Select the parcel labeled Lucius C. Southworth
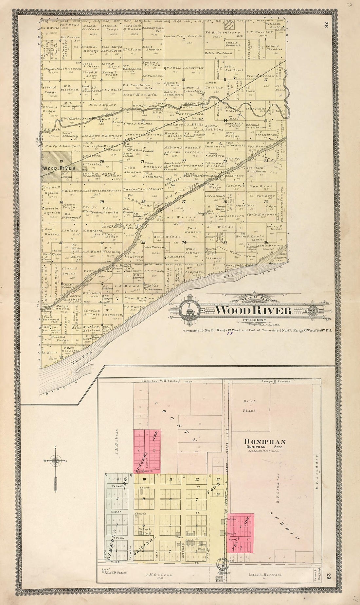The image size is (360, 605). (x=142, y=190)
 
